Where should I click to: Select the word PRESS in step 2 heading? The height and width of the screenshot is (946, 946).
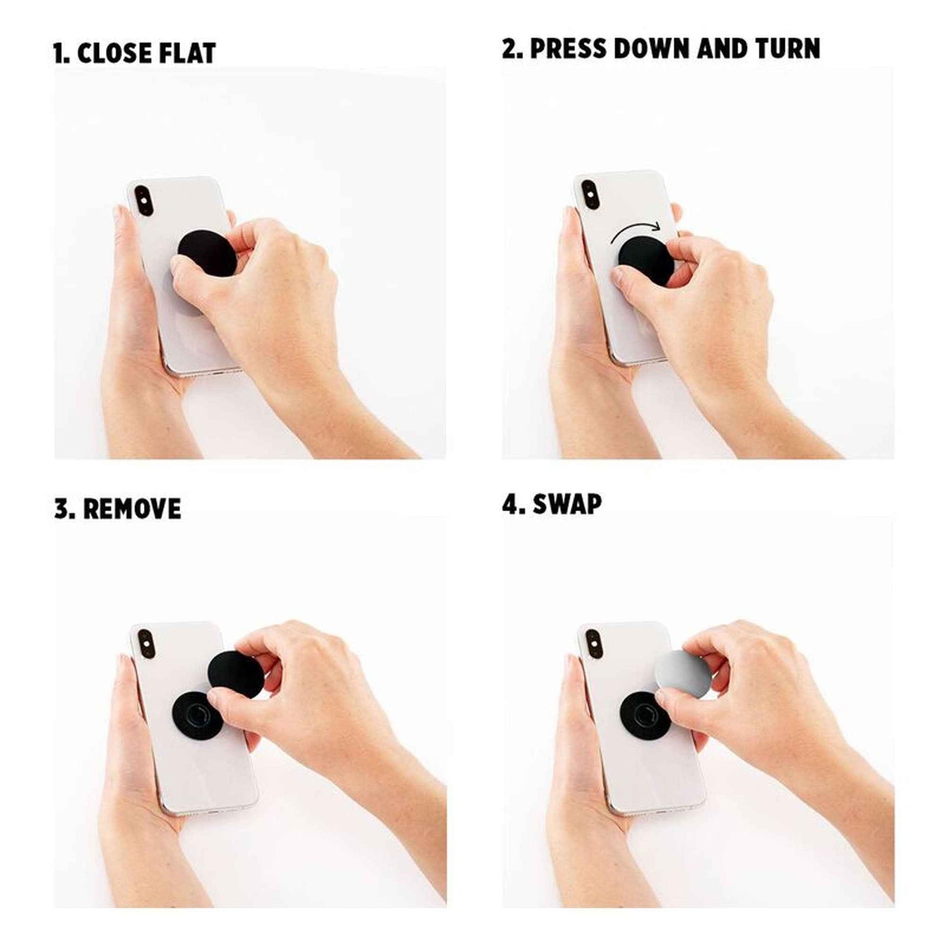(x=568, y=49)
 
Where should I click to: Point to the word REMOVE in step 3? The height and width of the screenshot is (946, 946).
(x=132, y=509)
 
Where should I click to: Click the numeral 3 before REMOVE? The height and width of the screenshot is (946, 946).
(x=62, y=509)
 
